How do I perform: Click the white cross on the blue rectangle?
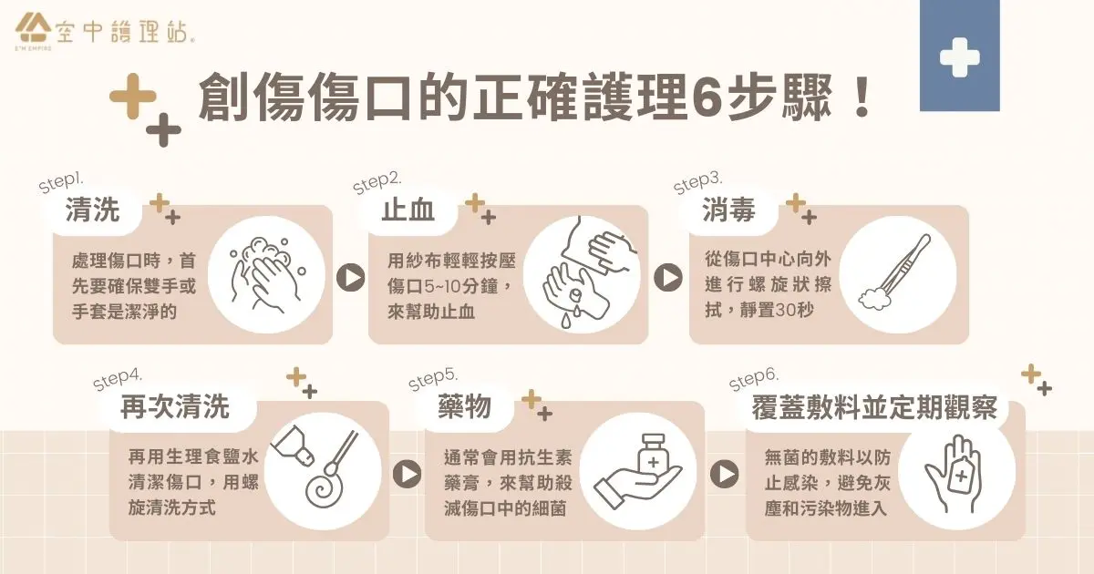coord(959,57)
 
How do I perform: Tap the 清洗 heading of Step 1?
coord(93,210)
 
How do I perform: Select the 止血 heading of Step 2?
coord(408,210)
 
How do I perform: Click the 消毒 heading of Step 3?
coord(728,210)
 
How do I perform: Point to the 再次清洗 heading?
coord(175,406)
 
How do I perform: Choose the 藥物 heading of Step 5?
coord(464,406)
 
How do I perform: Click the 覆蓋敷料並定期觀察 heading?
coord(874,407)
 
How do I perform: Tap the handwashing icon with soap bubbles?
coord(266,275)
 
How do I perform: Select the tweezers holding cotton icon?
coord(894,272)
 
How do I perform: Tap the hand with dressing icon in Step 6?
coord(954,473)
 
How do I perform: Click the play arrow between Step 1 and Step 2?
coord(351,278)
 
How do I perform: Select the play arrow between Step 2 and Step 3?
coord(668,278)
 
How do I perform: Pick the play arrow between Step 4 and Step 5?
coord(407,474)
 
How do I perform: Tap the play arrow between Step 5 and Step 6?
coord(724,474)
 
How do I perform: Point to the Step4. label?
coord(118,379)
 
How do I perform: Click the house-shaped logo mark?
coord(32,28)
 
